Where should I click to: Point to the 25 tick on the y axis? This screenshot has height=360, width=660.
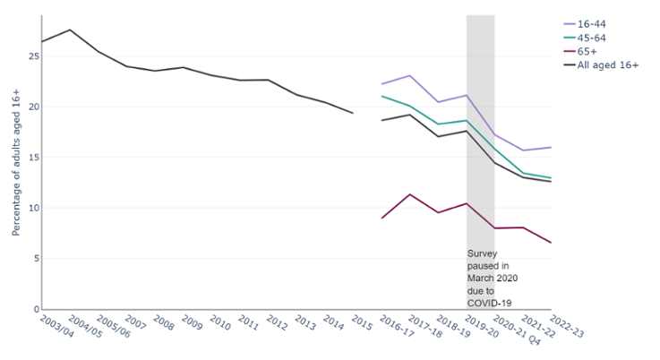[x=33, y=56]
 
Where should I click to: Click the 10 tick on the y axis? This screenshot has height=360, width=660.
[x=33, y=208]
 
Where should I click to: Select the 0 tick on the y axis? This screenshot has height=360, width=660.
[x=36, y=309]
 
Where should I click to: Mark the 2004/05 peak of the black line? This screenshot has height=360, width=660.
[x=71, y=30]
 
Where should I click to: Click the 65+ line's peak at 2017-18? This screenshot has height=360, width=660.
[x=409, y=194]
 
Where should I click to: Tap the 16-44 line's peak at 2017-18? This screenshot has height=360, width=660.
[x=409, y=75]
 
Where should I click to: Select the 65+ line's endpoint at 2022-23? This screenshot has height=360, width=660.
[x=551, y=243]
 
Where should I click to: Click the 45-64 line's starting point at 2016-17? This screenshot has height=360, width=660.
[x=381, y=96]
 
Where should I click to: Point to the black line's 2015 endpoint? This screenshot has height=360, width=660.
[x=353, y=113]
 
